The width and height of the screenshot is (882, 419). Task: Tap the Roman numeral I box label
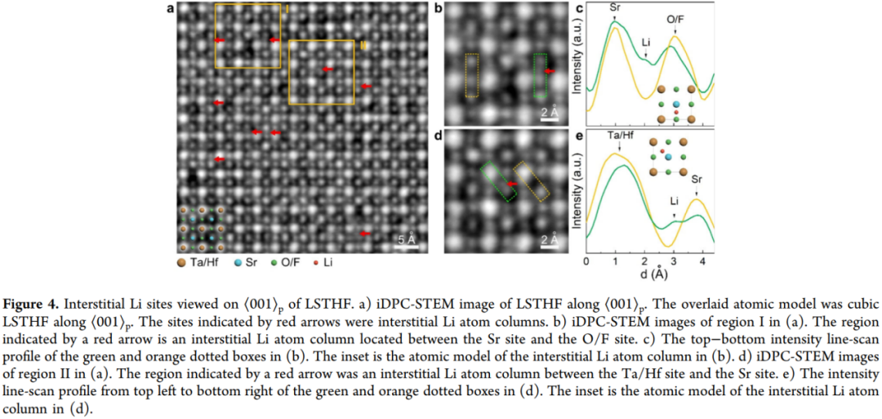click(287, 8)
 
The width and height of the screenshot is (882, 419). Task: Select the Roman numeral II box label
click(363, 45)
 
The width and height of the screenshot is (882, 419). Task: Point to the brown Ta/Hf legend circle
click(181, 261)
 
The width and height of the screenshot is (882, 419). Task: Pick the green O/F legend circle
click(273, 262)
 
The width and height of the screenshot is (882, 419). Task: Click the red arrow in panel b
click(550, 71)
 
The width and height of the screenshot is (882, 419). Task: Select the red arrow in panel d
click(511, 184)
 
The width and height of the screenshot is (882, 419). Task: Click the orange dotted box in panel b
click(472, 75)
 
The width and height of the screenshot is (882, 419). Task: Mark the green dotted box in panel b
click(540, 75)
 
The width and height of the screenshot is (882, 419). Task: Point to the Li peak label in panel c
click(646, 42)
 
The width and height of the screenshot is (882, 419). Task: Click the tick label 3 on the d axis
click(673, 261)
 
